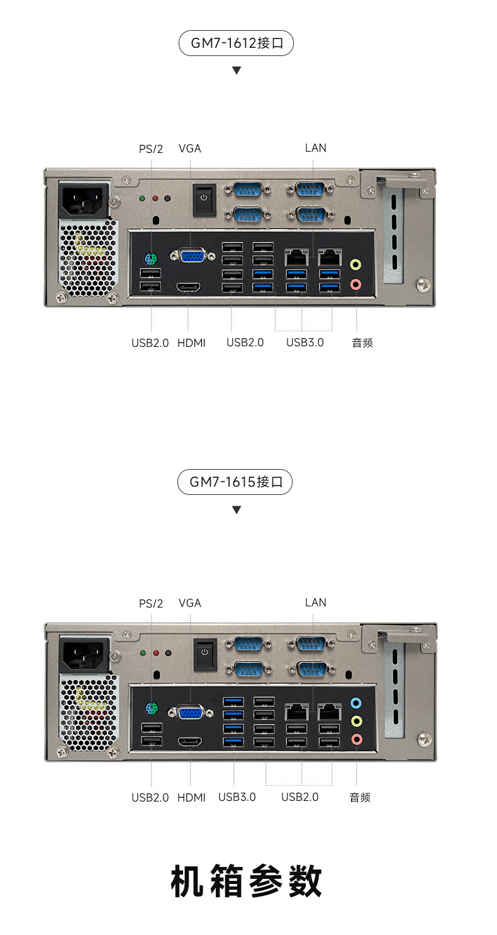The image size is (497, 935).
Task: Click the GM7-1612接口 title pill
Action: point(236,43)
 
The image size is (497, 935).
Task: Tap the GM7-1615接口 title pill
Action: point(235,482)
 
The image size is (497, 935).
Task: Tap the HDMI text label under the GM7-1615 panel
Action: point(191,797)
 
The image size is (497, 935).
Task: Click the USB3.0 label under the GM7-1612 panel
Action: point(304,343)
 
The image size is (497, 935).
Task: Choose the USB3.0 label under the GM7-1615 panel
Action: point(237,797)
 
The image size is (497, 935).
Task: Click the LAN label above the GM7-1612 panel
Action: point(315,148)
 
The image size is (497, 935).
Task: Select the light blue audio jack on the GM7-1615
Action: point(356,703)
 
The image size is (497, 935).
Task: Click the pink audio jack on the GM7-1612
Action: point(355,285)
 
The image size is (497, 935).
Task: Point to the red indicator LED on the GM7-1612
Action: point(155,198)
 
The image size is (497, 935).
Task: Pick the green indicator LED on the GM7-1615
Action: point(143,653)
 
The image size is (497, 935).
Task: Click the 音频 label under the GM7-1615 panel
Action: point(360,797)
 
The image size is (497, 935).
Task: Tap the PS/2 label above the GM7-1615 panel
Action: point(151,603)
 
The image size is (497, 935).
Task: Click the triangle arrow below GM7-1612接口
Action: point(237,71)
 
